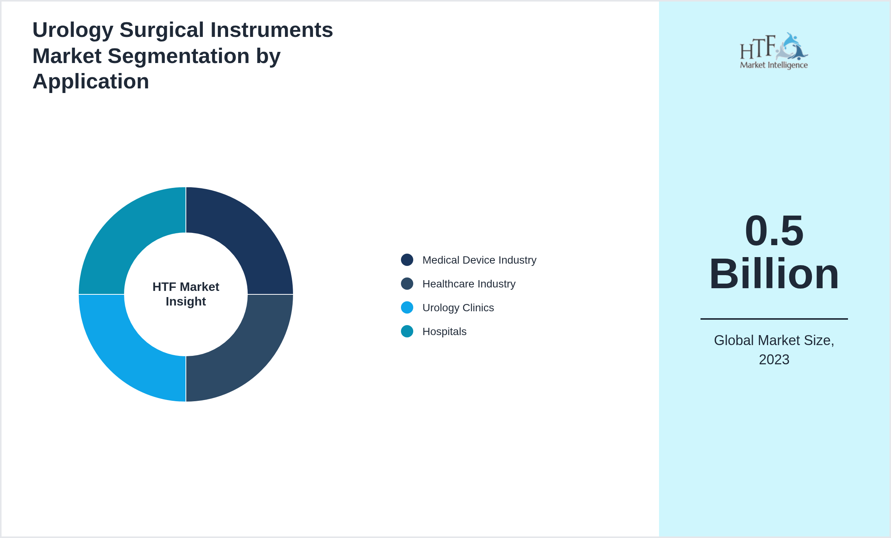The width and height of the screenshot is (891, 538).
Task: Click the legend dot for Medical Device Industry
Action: [407, 260]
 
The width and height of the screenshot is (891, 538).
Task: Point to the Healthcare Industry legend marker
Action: [407, 284]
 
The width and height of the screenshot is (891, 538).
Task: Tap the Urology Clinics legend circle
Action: [407, 307]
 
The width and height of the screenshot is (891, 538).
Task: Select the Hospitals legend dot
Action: [407, 331]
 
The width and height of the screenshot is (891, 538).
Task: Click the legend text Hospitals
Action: [444, 332]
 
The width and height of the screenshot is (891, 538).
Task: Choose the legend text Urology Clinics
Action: [458, 308]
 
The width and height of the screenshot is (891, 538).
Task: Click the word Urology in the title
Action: [73, 30]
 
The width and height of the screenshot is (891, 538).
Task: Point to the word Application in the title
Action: [91, 81]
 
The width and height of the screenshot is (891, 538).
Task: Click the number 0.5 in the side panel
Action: [774, 231]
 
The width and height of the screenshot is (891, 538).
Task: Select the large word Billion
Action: [774, 274]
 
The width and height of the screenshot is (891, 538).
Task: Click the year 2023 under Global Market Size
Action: [774, 360]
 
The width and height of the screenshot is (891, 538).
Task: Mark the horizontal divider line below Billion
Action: [774, 319]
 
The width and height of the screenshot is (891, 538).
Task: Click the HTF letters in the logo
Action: [757, 48]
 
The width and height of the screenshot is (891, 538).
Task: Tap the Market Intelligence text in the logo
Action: [773, 65]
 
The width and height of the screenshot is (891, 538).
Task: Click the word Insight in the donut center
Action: [186, 302]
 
